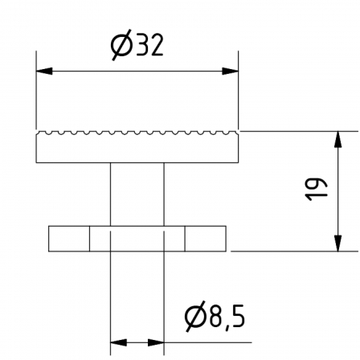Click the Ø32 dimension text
point(137,45)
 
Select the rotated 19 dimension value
point(316,189)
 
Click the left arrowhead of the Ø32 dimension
point(44,72)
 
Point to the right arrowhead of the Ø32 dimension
point(230,72)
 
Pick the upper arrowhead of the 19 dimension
point(338,139)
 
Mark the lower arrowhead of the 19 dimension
point(338,243)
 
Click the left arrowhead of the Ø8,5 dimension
point(118,342)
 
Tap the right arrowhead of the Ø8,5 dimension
point(156,342)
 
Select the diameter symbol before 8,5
point(195,316)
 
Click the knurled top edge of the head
point(137,133)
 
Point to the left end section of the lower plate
point(69,239)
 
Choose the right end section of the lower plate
point(206,239)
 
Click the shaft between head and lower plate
point(137,194)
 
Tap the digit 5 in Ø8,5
point(238,316)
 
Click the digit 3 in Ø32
point(143,45)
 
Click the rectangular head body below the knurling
point(137,149)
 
